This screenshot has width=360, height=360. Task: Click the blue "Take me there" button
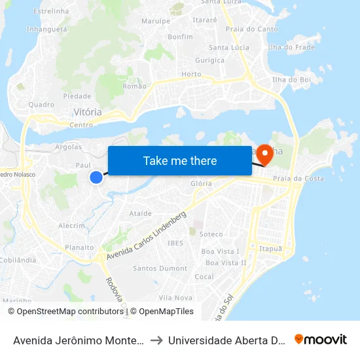pos(180,160)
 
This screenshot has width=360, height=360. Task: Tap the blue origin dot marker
pos(96,177)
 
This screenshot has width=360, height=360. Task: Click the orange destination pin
pos(265,155)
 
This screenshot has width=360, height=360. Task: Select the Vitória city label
pos(87,112)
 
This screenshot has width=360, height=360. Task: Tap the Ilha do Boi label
pos(291,79)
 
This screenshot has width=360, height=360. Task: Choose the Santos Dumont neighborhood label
pos(160,268)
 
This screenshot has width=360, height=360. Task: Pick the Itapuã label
pos(270,249)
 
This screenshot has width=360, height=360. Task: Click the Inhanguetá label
pos(46,29)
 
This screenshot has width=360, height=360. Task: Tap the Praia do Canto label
pos(251,29)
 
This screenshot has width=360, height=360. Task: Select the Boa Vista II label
pos(226,262)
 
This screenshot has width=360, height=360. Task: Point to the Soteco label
pos(211,234)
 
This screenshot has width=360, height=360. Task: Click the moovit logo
pos(321,339)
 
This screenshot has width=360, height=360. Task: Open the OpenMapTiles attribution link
pos(166,312)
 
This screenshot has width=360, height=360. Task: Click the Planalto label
pos(79,247)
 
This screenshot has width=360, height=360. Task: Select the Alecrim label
pos(72,225)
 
